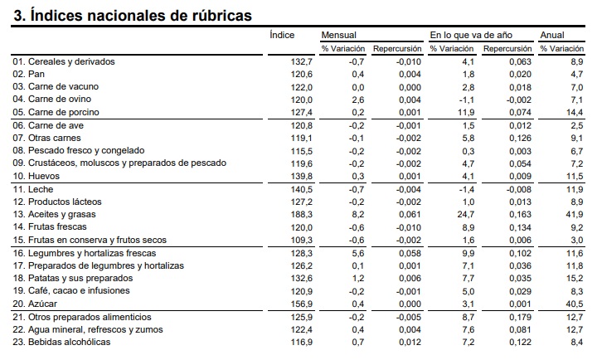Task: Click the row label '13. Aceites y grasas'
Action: tap(54, 215)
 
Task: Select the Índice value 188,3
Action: tap(302, 215)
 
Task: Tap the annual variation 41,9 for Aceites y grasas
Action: tap(575, 215)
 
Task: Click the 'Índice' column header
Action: tap(282, 35)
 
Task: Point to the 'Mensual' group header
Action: tap(339, 35)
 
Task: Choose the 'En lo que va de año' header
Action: tap(471, 35)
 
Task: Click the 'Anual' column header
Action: tap(552, 35)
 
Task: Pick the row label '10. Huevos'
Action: tap(36, 176)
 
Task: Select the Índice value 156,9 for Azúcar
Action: tap(302, 304)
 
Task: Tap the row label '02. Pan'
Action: tap(28, 74)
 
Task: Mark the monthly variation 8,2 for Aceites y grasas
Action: tap(358, 215)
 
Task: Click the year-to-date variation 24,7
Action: tap(466, 215)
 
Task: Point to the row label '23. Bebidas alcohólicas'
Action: tap(61, 342)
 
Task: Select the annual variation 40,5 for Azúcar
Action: tap(575, 304)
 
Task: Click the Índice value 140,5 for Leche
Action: tap(302, 189)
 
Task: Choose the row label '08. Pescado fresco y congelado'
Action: tap(79, 150)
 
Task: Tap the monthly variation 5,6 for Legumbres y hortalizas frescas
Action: tap(358, 253)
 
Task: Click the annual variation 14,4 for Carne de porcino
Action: tap(575, 112)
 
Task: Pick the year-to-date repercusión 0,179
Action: tap(521, 317)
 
